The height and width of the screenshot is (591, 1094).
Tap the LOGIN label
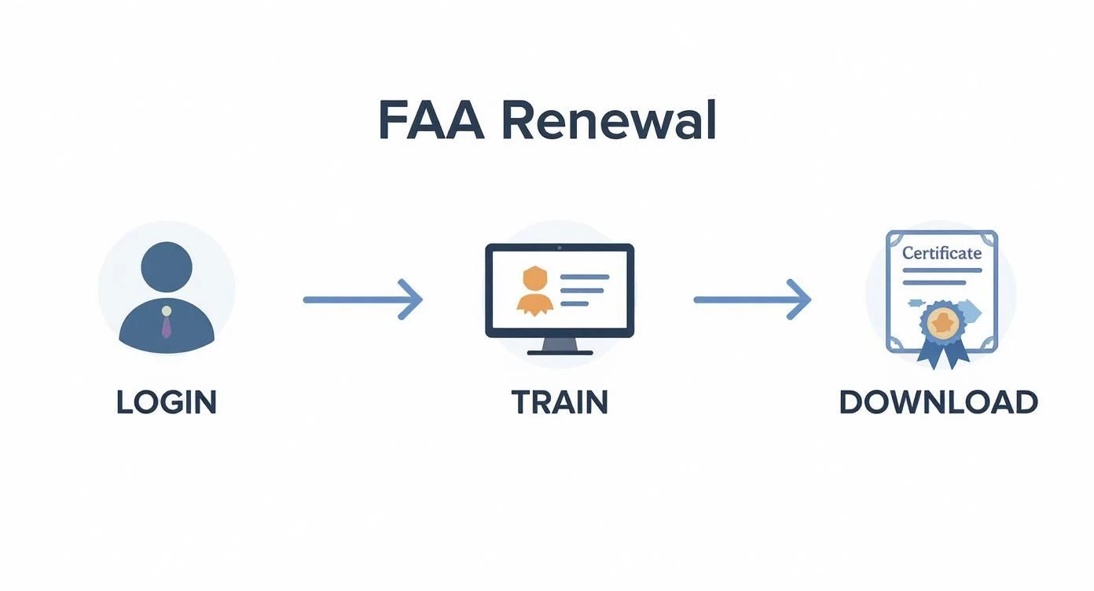pyautogui.click(x=166, y=402)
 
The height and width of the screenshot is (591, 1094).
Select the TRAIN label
pyautogui.click(x=560, y=402)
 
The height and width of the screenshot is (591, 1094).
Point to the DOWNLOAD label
pyautogui.click(x=938, y=402)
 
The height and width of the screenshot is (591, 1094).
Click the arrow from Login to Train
pyautogui.click(x=362, y=299)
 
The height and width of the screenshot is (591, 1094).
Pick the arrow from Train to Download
pyautogui.click(x=751, y=299)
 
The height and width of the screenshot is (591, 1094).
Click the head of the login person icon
pyautogui.click(x=166, y=265)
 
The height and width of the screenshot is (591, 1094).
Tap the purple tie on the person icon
pyautogui.click(x=166, y=323)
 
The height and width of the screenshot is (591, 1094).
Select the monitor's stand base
pyautogui.click(x=559, y=352)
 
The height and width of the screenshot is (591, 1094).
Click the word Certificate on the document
pyautogui.click(x=942, y=254)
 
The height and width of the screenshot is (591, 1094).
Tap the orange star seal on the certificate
pyautogui.click(x=942, y=321)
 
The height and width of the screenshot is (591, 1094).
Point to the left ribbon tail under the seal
pyautogui.click(x=931, y=354)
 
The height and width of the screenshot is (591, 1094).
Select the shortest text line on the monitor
pyautogui.click(x=575, y=303)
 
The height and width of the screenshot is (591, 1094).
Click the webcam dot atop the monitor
pyautogui.click(x=560, y=248)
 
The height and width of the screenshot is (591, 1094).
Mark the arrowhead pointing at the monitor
pyautogui.click(x=413, y=299)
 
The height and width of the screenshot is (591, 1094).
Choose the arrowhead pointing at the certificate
pyautogui.click(x=800, y=299)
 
